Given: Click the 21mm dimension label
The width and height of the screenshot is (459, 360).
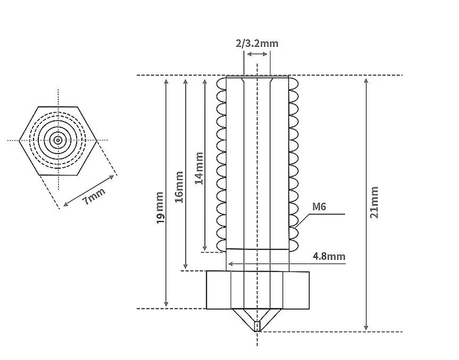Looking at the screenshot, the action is [374, 202].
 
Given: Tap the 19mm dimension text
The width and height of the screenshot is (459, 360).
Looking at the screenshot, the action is [160, 208].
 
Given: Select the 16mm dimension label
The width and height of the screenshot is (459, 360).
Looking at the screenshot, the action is [179, 187].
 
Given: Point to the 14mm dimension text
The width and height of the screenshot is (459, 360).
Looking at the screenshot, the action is [199, 168].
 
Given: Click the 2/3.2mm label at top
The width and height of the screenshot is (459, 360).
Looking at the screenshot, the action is [257, 44].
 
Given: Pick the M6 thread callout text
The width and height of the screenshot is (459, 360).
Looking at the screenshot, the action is [319, 207].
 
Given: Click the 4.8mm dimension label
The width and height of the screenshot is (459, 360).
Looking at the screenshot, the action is [329, 256].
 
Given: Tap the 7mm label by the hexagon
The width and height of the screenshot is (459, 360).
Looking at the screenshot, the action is [94, 196].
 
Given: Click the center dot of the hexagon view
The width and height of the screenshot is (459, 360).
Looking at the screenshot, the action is [58, 141].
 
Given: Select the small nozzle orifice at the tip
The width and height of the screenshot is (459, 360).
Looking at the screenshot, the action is [257, 326].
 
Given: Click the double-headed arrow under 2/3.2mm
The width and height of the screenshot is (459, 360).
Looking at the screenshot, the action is [257, 54].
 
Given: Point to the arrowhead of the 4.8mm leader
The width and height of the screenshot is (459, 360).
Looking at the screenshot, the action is [231, 264].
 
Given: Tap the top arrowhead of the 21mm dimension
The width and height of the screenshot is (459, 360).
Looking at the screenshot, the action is [366, 81].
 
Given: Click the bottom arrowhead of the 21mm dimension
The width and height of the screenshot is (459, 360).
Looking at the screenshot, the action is [366, 328].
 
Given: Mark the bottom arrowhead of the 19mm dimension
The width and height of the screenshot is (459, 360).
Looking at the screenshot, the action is [166, 304].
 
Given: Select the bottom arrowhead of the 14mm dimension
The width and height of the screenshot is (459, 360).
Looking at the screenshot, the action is [205, 248].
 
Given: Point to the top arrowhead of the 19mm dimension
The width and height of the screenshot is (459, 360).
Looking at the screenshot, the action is [166, 81].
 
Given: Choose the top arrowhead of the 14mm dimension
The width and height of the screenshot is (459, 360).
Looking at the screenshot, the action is [205, 81].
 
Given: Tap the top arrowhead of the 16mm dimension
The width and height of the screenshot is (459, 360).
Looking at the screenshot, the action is [185, 81].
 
